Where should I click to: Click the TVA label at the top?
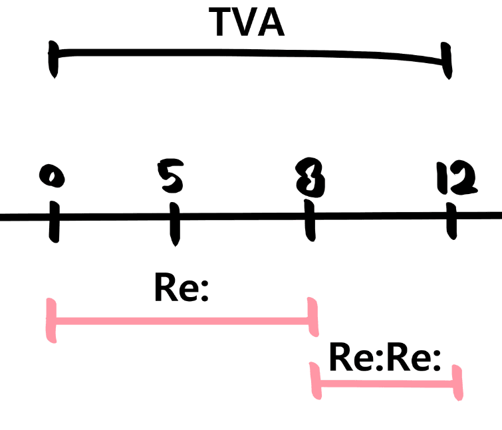(x=247, y=22)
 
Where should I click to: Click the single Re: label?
(x=181, y=288)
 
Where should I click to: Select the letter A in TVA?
(x=271, y=22)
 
